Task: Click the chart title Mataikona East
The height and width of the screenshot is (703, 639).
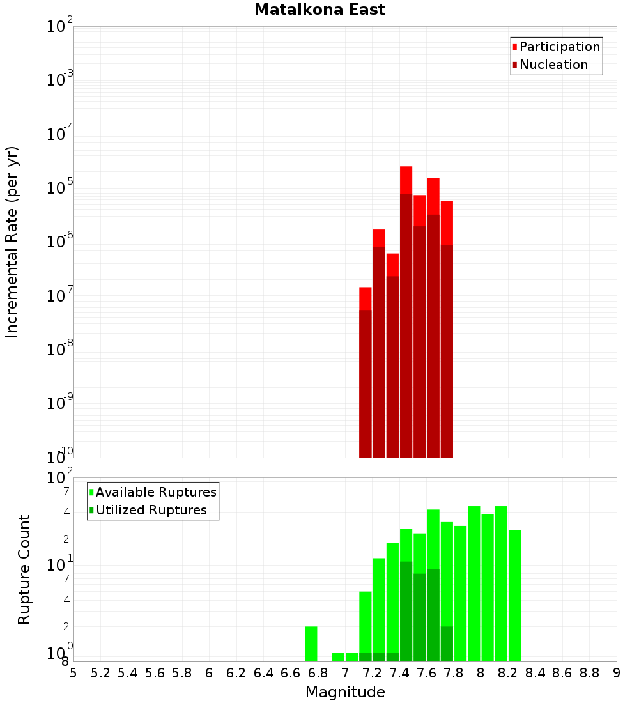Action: [319, 10]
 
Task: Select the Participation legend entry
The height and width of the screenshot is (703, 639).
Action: [556, 47]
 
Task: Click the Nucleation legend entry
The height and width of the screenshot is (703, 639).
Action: [550, 65]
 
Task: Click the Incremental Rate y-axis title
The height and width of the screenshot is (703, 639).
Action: [12, 242]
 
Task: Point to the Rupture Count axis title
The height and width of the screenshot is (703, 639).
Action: [24, 569]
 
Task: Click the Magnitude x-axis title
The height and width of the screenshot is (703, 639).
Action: [345, 692]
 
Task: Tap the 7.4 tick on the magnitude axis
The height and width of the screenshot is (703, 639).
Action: [399, 673]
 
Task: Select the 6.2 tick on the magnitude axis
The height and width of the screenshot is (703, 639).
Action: [236, 673]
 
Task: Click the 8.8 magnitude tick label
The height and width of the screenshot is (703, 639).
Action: [590, 673]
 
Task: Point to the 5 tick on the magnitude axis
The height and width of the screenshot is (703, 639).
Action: [73, 673]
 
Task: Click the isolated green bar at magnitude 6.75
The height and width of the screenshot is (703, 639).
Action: [311, 644]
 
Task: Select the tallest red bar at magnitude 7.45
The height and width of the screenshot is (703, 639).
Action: [406, 313]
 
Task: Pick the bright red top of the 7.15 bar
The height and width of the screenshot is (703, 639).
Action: [366, 298]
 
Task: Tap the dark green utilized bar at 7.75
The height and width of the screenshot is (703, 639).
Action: [447, 644]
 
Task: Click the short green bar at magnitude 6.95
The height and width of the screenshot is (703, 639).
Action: [338, 657]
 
